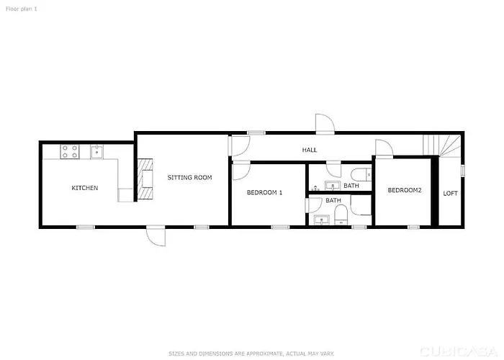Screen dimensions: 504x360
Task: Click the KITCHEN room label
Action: (85, 188)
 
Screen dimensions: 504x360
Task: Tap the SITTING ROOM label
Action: (189, 177)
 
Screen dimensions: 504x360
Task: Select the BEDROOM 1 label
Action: (264, 192)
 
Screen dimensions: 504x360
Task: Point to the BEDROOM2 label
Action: (405, 190)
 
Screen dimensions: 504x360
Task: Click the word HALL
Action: (310, 150)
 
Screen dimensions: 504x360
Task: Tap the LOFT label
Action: (450, 194)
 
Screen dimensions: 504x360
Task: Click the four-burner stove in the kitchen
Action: (70, 151)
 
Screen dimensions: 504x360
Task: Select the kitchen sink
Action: (96, 152)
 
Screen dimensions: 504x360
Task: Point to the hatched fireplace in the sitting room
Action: (145, 179)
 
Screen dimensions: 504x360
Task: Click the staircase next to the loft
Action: (442, 145)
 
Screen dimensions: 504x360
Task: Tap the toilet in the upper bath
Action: (361, 175)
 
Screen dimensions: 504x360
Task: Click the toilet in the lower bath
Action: (341, 215)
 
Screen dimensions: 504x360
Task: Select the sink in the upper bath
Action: (333, 186)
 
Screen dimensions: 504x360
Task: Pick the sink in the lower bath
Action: (321, 220)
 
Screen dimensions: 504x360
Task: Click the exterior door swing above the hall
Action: (325, 124)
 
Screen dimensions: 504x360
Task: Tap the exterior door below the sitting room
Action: (156, 236)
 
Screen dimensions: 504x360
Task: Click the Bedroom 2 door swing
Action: (384, 148)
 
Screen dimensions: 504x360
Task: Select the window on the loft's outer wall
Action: (462, 171)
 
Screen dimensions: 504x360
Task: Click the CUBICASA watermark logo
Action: (459, 351)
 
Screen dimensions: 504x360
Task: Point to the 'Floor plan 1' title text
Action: (21, 9)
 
